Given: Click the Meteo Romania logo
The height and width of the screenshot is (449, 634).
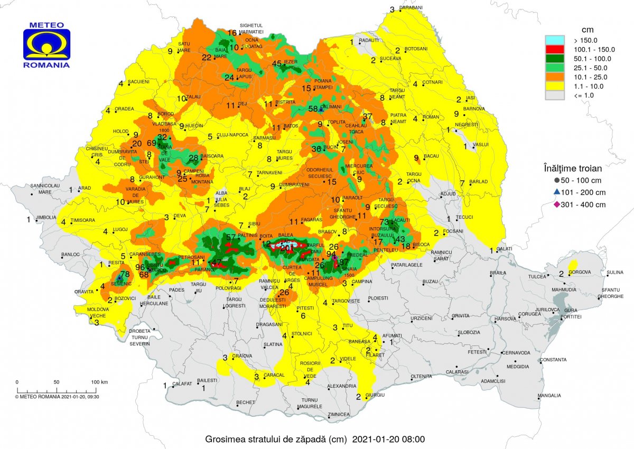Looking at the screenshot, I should pyautogui.click(x=46, y=45).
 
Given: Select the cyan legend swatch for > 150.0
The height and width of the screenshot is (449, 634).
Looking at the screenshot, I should pyautogui.click(x=556, y=40).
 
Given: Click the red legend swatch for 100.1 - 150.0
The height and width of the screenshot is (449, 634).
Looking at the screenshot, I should pyautogui.click(x=556, y=50).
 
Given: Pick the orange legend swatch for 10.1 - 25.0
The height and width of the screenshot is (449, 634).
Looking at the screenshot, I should pyautogui.click(x=556, y=77).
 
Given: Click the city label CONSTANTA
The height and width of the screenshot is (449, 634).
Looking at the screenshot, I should pyautogui.click(x=553, y=360).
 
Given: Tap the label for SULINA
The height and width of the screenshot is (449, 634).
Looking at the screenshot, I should pyautogui.click(x=616, y=273).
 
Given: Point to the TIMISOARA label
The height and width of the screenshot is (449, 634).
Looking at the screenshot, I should pyautogui.click(x=82, y=220).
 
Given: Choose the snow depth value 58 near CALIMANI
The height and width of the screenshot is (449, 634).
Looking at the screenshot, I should pyautogui.click(x=313, y=109).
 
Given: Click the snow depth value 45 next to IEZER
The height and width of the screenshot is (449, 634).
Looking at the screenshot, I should pyautogui.click(x=276, y=63).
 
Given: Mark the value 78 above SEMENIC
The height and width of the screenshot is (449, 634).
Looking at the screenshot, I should pyautogui.click(x=125, y=274).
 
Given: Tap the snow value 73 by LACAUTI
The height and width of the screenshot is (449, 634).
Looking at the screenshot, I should pyautogui.click(x=384, y=222).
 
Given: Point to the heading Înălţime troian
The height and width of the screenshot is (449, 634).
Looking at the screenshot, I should pyautogui.click(x=573, y=169).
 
